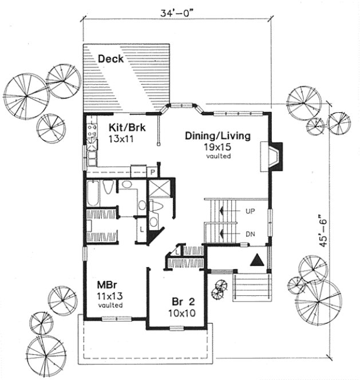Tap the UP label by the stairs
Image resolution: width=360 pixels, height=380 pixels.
[x=250, y=211]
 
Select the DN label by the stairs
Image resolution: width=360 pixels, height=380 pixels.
[x=250, y=233]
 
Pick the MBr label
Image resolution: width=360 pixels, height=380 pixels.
[x=104, y=284]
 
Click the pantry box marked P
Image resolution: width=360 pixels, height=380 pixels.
[x=153, y=172]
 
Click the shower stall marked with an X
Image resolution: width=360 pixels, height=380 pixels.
[x=157, y=188]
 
